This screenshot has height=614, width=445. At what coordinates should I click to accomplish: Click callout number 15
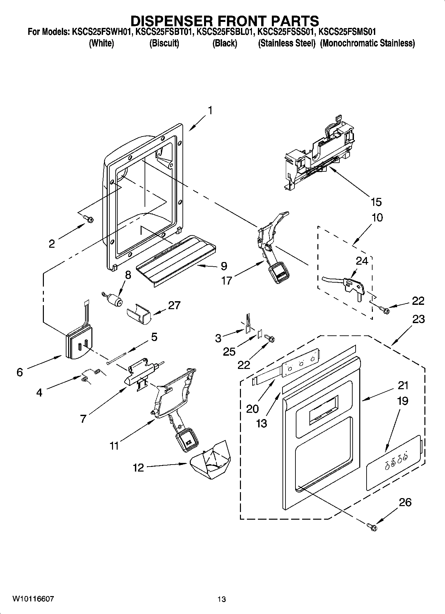(376, 202)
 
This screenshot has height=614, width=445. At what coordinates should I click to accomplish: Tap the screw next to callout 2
(89, 219)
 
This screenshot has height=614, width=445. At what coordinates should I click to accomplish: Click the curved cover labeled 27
(139, 313)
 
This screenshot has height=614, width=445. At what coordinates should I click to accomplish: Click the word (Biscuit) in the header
(164, 43)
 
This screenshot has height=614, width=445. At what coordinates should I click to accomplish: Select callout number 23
(418, 319)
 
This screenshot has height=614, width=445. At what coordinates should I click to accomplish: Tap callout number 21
(403, 386)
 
